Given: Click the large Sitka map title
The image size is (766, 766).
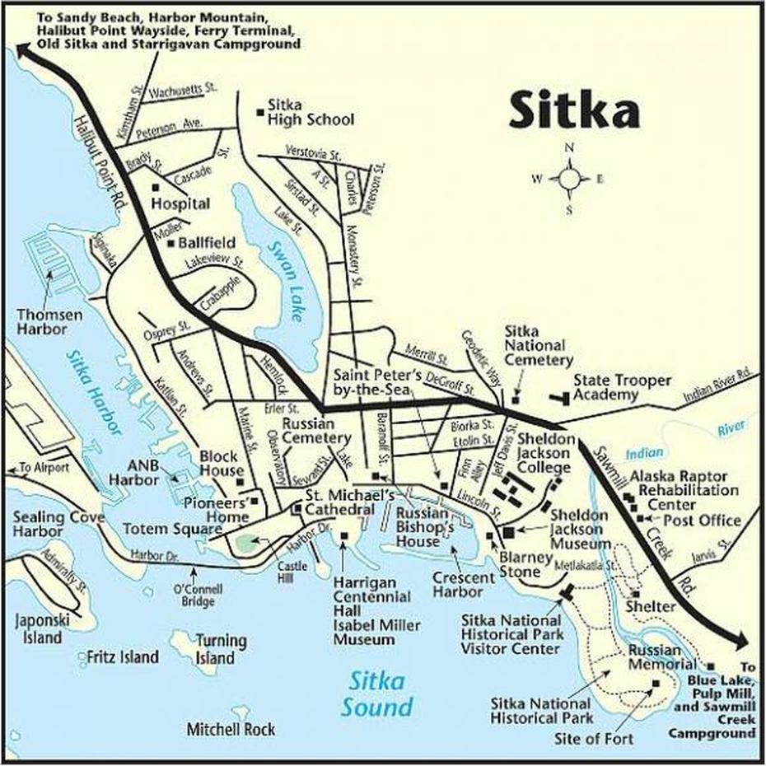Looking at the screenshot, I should click(573, 110).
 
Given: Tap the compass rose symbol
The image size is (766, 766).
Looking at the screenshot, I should click(569, 178).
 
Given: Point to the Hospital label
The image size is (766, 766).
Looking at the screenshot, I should click(180, 203).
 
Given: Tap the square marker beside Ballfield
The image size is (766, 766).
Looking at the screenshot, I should click(170, 243).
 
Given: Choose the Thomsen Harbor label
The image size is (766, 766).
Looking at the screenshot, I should click(41, 322).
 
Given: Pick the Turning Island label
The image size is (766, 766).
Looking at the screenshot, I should click(215, 649).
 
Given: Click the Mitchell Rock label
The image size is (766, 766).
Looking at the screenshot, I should click(231, 729).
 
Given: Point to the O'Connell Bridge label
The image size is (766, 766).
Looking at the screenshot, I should click(194, 595).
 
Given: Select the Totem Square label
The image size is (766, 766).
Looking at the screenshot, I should click(161, 528).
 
